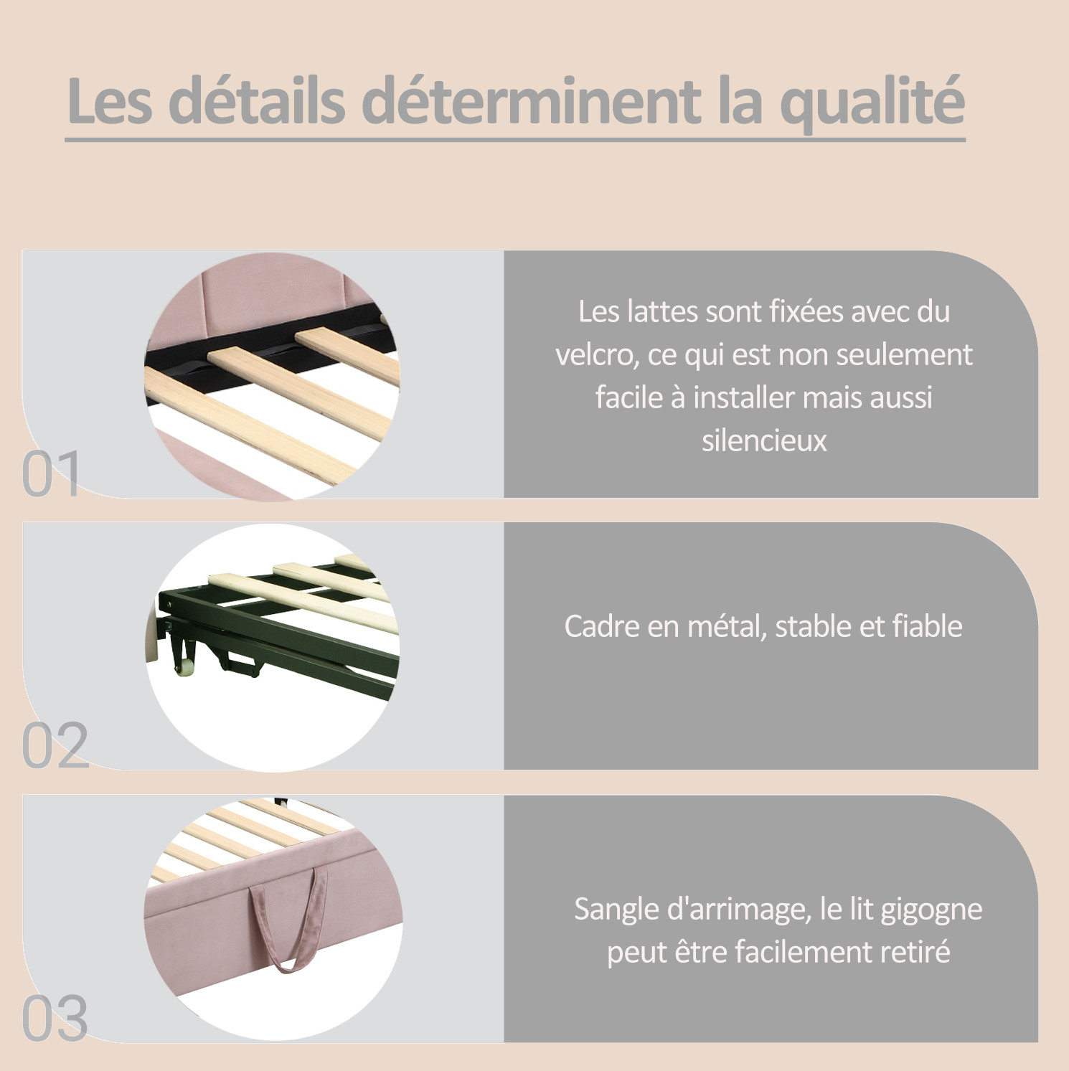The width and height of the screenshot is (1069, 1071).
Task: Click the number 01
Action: point(50,474)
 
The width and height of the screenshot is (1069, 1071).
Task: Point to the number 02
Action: point(55,745)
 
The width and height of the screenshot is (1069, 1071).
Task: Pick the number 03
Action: point(55,1018)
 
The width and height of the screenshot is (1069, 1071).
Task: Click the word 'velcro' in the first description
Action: point(597,354)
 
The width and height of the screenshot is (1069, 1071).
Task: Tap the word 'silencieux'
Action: point(764,440)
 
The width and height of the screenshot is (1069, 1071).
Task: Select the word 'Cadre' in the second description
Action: point(601,626)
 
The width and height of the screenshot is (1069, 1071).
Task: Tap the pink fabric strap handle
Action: point(288,919)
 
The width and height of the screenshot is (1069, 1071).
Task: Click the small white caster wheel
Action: point(185,665)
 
